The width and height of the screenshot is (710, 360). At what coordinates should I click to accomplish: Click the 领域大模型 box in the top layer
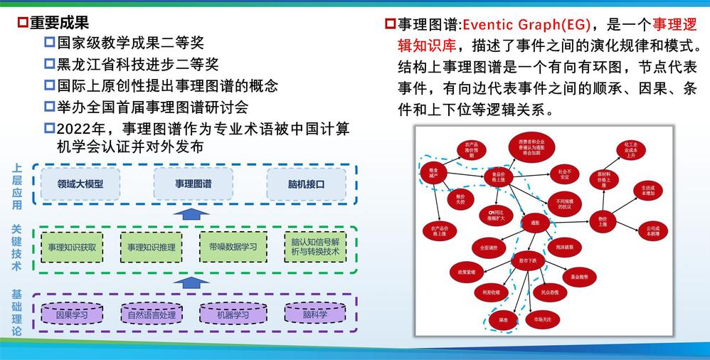(80, 184)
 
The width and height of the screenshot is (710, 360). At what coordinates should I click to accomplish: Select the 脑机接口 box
(306, 184)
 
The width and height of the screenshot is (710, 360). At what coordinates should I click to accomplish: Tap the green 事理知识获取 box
(72, 248)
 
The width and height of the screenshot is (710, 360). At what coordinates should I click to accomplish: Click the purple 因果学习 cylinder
(71, 314)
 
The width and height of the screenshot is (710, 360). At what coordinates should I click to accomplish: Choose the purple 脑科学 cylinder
(315, 314)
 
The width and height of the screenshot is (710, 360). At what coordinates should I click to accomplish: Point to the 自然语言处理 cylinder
(151, 314)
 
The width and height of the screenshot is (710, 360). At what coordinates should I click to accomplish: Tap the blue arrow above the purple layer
(187, 282)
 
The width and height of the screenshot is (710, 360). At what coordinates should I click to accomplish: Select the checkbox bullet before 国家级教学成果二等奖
(49, 43)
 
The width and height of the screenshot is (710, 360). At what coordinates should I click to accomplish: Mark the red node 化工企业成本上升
(630, 151)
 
